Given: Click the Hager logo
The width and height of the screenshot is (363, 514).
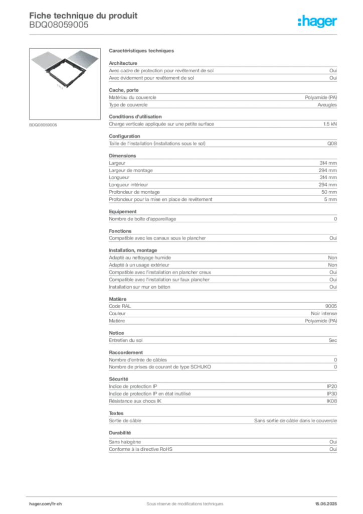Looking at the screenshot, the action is click(317, 21).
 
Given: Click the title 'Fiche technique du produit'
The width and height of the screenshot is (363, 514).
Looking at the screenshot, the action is click(83, 16).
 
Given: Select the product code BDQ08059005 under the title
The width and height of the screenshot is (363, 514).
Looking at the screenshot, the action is click(59, 25).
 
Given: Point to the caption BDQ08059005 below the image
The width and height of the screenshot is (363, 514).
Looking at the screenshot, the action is click(43, 125).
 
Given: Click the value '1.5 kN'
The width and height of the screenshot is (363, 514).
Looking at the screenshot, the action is click(330, 124).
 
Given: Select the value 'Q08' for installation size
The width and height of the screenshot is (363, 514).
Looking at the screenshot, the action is click(332, 144).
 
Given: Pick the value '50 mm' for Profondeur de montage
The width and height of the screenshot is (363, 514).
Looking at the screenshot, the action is click(329, 192).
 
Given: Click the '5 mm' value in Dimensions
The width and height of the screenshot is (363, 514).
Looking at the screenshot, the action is click(330, 199).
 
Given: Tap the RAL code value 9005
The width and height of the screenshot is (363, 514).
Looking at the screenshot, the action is click(331, 306).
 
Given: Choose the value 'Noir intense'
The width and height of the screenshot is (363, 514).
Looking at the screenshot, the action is click(324, 313).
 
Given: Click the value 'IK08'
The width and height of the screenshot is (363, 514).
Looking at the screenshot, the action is click(331, 401).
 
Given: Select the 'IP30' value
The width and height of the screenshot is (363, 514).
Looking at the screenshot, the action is click(331, 394).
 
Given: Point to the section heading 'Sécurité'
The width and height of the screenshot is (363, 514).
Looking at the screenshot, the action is click(118, 379).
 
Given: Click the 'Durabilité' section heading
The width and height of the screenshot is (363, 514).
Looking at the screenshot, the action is click(120, 433).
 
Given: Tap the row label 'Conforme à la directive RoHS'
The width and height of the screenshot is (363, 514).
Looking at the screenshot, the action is click(140, 449).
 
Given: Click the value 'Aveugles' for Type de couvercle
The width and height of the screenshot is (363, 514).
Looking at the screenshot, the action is click(327, 105).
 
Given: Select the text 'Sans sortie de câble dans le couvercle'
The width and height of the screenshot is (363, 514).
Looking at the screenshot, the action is click(296, 421).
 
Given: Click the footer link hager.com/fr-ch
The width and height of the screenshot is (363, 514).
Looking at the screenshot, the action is click(45, 504).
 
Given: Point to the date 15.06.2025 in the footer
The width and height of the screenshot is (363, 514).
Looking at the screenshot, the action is click(326, 504).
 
